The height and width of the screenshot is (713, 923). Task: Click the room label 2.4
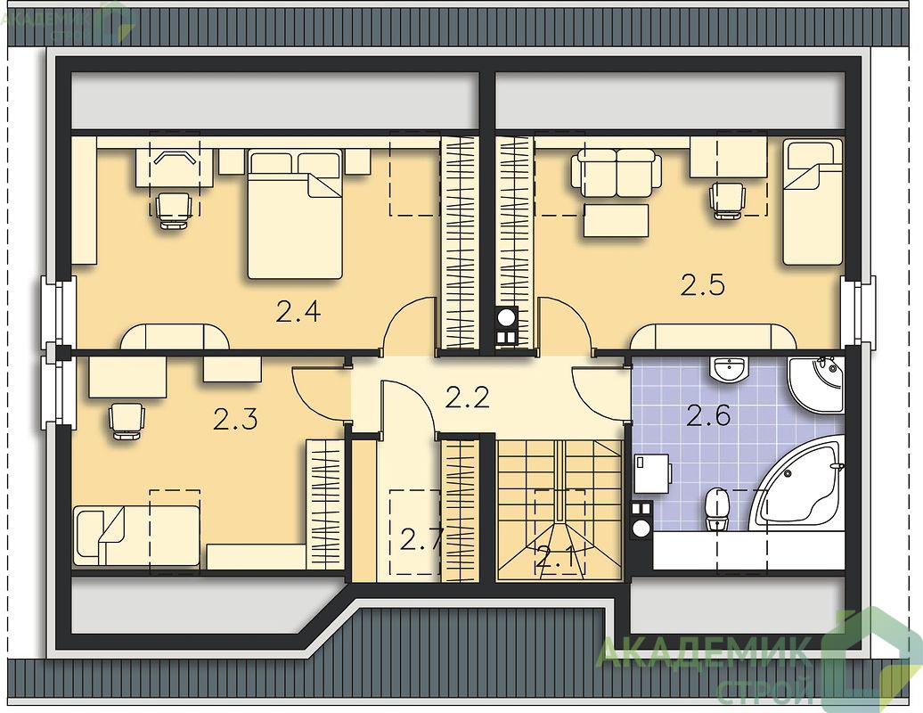pyautogui.click(x=298, y=311)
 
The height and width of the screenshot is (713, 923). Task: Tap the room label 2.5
pyautogui.click(x=702, y=285)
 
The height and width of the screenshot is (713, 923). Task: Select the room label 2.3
pyautogui.click(x=235, y=420)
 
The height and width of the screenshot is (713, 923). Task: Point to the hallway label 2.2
pyautogui.click(x=468, y=398)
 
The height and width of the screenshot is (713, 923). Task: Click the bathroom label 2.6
pyautogui.click(x=709, y=415)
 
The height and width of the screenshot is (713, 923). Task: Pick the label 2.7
pyautogui.click(x=421, y=539)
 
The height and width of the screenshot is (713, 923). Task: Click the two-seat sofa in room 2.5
pyautogui.click(x=615, y=173)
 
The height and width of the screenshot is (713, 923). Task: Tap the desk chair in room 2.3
pyautogui.click(x=126, y=420)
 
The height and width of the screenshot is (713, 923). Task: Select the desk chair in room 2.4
pyautogui.click(x=175, y=210)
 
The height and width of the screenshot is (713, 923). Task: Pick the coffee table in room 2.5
pyautogui.click(x=616, y=219)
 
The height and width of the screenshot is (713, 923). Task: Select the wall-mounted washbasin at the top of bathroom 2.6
pyautogui.click(x=729, y=369)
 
